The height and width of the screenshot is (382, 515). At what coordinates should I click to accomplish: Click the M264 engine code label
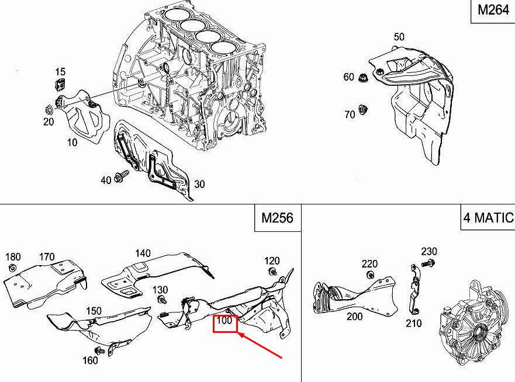[x=493, y=10]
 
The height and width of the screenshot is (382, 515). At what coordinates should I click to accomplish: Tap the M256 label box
[x=278, y=218]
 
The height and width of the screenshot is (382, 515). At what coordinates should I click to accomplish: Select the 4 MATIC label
[x=488, y=218]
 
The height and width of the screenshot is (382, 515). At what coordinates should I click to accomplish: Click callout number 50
[x=399, y=37]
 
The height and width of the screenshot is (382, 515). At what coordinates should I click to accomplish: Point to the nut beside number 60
[x=363, y=78]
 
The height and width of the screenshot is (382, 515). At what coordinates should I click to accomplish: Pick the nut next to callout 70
[x=362, y=109]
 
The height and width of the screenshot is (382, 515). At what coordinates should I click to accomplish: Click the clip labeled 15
[x=60, y=84]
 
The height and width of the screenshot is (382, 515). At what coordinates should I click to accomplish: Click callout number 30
[x=199, y=184]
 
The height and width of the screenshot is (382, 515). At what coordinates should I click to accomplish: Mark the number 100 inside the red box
[x=224, y=320]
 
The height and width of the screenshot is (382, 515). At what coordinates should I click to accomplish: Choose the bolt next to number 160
[x=99, y=350]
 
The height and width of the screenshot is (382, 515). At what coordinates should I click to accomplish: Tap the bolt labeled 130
[x=162, y=300]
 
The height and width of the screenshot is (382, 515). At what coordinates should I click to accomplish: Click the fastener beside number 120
[x=272, y=272]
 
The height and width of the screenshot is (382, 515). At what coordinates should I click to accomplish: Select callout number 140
[x=143, y=253]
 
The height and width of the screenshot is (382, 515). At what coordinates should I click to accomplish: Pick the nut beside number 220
[x=371, y=275]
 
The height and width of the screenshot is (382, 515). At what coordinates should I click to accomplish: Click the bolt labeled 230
[x=428, y=262]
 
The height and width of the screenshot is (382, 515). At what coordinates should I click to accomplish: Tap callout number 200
[x=355, y=317]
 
